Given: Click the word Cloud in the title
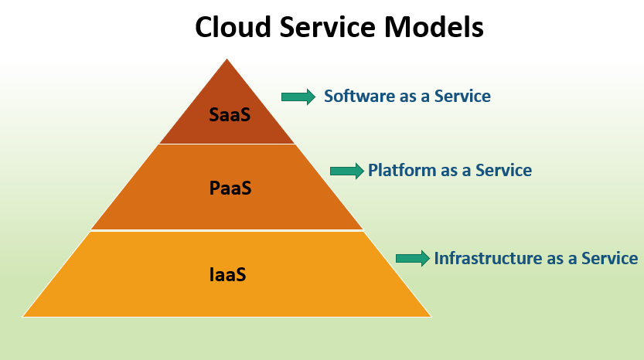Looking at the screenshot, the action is (233, 27).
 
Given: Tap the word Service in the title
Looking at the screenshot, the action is (327, 27).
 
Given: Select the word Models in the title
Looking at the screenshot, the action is (434, 27).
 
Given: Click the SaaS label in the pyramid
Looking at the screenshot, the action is (230, 114).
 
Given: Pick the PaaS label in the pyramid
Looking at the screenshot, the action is (230, 188).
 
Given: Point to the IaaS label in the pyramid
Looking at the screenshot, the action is (227, 274).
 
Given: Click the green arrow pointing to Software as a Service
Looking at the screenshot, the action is (298, 97).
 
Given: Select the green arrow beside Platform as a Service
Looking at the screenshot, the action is (347, 171).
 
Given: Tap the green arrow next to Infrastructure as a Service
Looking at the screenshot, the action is (413, 258).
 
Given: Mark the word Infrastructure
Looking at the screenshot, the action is (489, 258).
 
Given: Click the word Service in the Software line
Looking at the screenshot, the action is (462, 96).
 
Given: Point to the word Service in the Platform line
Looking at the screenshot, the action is (503, 171).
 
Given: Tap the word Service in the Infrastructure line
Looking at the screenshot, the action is (609, 258).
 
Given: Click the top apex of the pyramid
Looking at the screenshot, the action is (227, 59).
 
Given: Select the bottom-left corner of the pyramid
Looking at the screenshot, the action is (22, 317).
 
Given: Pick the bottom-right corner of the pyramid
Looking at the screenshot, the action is (431, 317).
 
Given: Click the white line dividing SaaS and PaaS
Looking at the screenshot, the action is (227, 144).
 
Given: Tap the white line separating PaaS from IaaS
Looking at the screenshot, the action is (227, 231).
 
